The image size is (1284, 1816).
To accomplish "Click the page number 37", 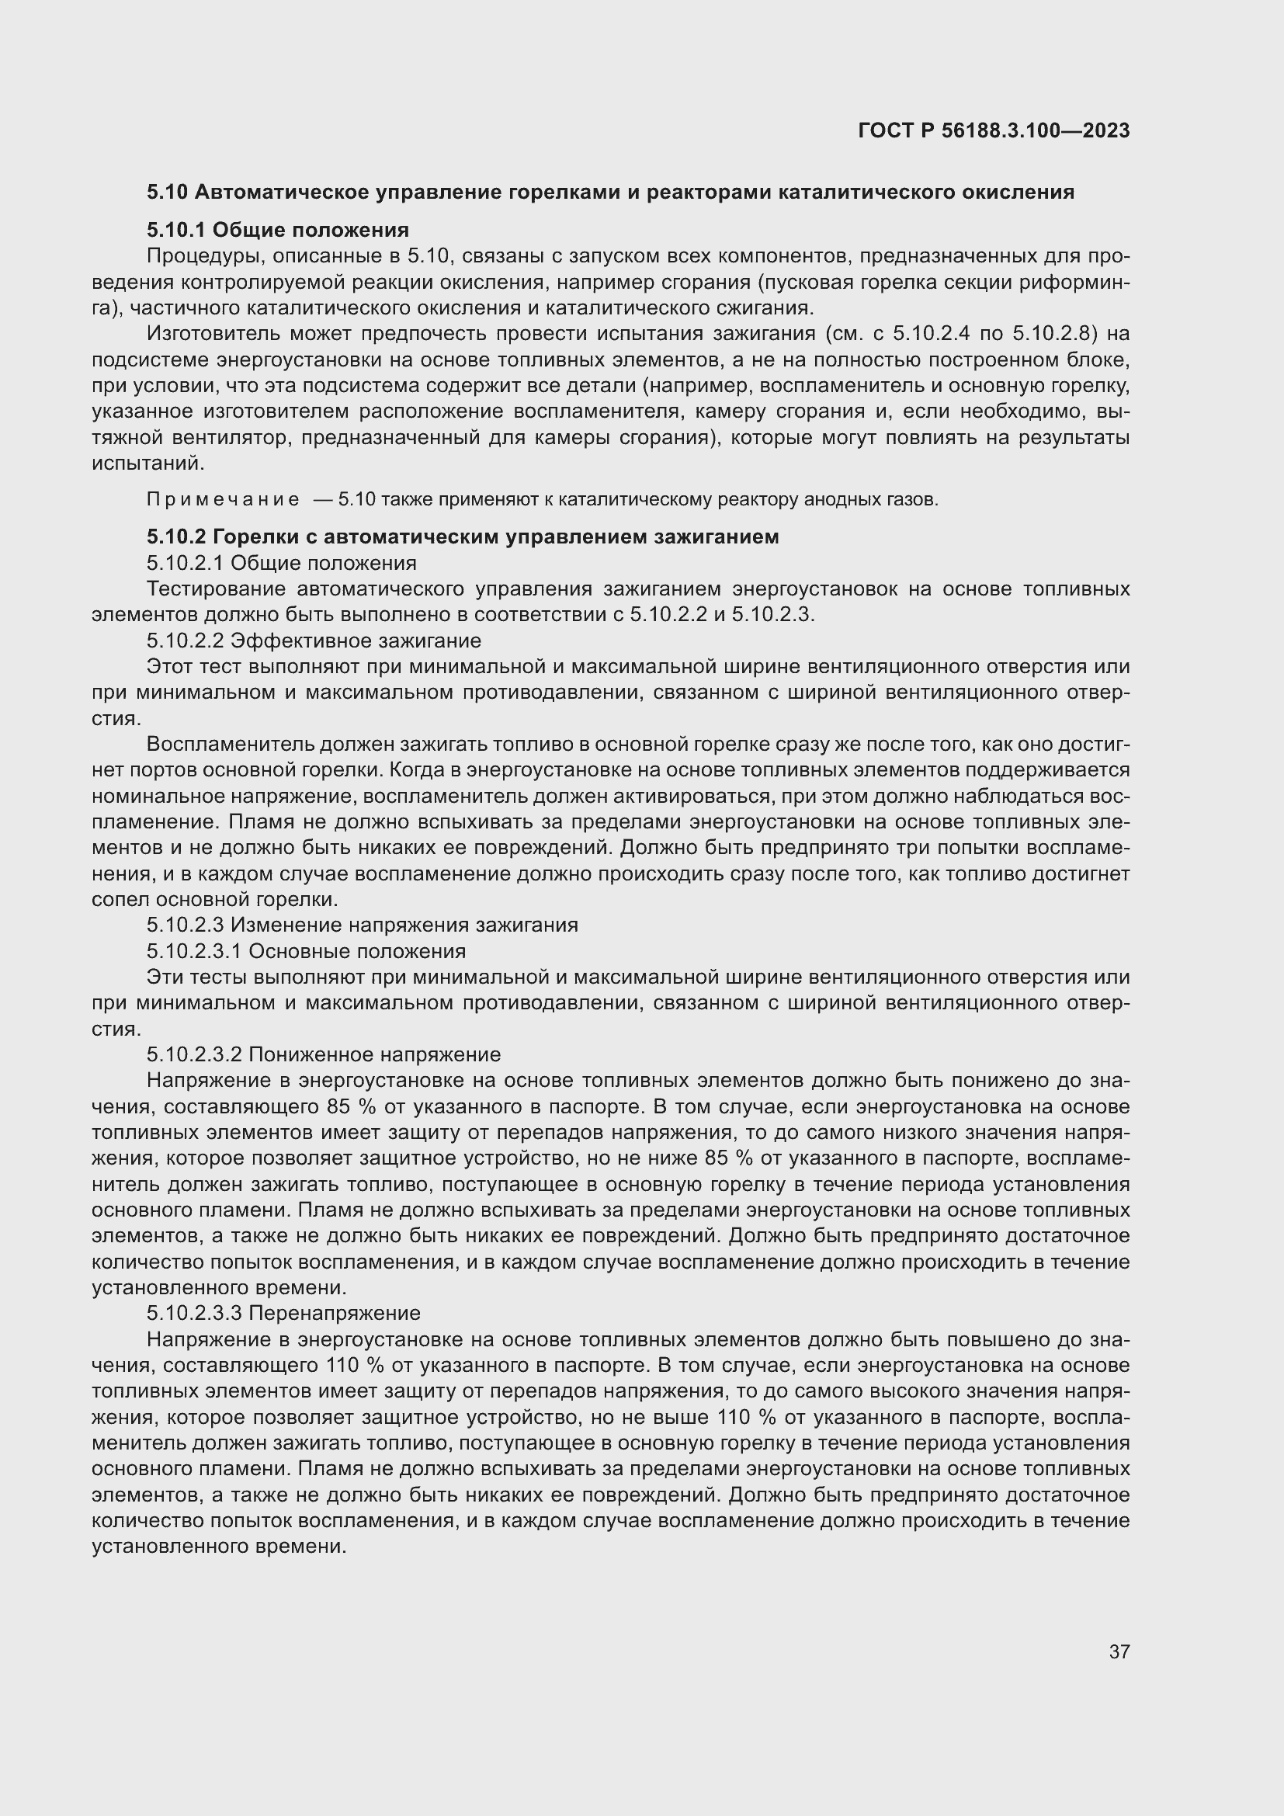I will [x=1119, y=1651].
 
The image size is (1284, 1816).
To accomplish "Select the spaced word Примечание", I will [x=223, y=500].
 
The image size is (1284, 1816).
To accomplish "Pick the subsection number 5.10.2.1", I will [x=184, y=563].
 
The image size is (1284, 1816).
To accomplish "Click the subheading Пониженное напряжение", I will [x=374, y=1055].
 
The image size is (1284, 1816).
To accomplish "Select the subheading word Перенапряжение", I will [x=335, y=1314].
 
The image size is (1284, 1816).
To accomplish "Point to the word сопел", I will [x=121, y=900].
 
